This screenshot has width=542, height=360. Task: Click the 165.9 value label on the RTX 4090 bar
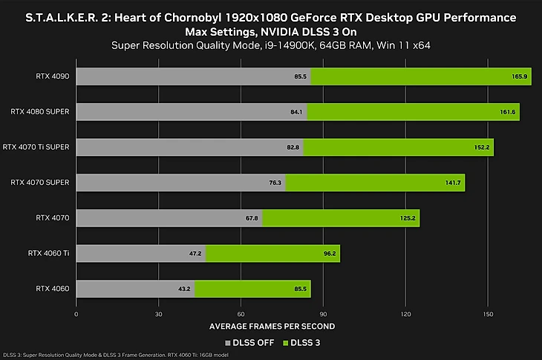coord(519,76)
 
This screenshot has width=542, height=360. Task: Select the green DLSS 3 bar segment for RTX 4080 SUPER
coord(412,112)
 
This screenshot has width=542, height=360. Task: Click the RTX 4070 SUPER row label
coord(41,182)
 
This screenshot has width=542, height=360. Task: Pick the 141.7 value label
coord(452,183)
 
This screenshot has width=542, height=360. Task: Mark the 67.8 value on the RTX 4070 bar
coord(251,217)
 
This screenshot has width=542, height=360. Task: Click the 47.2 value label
coord(195,253)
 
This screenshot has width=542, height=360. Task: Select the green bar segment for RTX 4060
coord(252,288)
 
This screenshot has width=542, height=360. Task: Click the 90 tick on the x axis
coord(323,314)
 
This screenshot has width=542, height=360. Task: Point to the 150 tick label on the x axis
coord(487,314)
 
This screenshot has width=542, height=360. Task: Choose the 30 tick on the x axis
coord(158,314)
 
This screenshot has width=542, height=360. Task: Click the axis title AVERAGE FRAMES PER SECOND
coord(271,326)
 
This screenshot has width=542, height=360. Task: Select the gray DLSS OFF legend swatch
coord(228,342)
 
